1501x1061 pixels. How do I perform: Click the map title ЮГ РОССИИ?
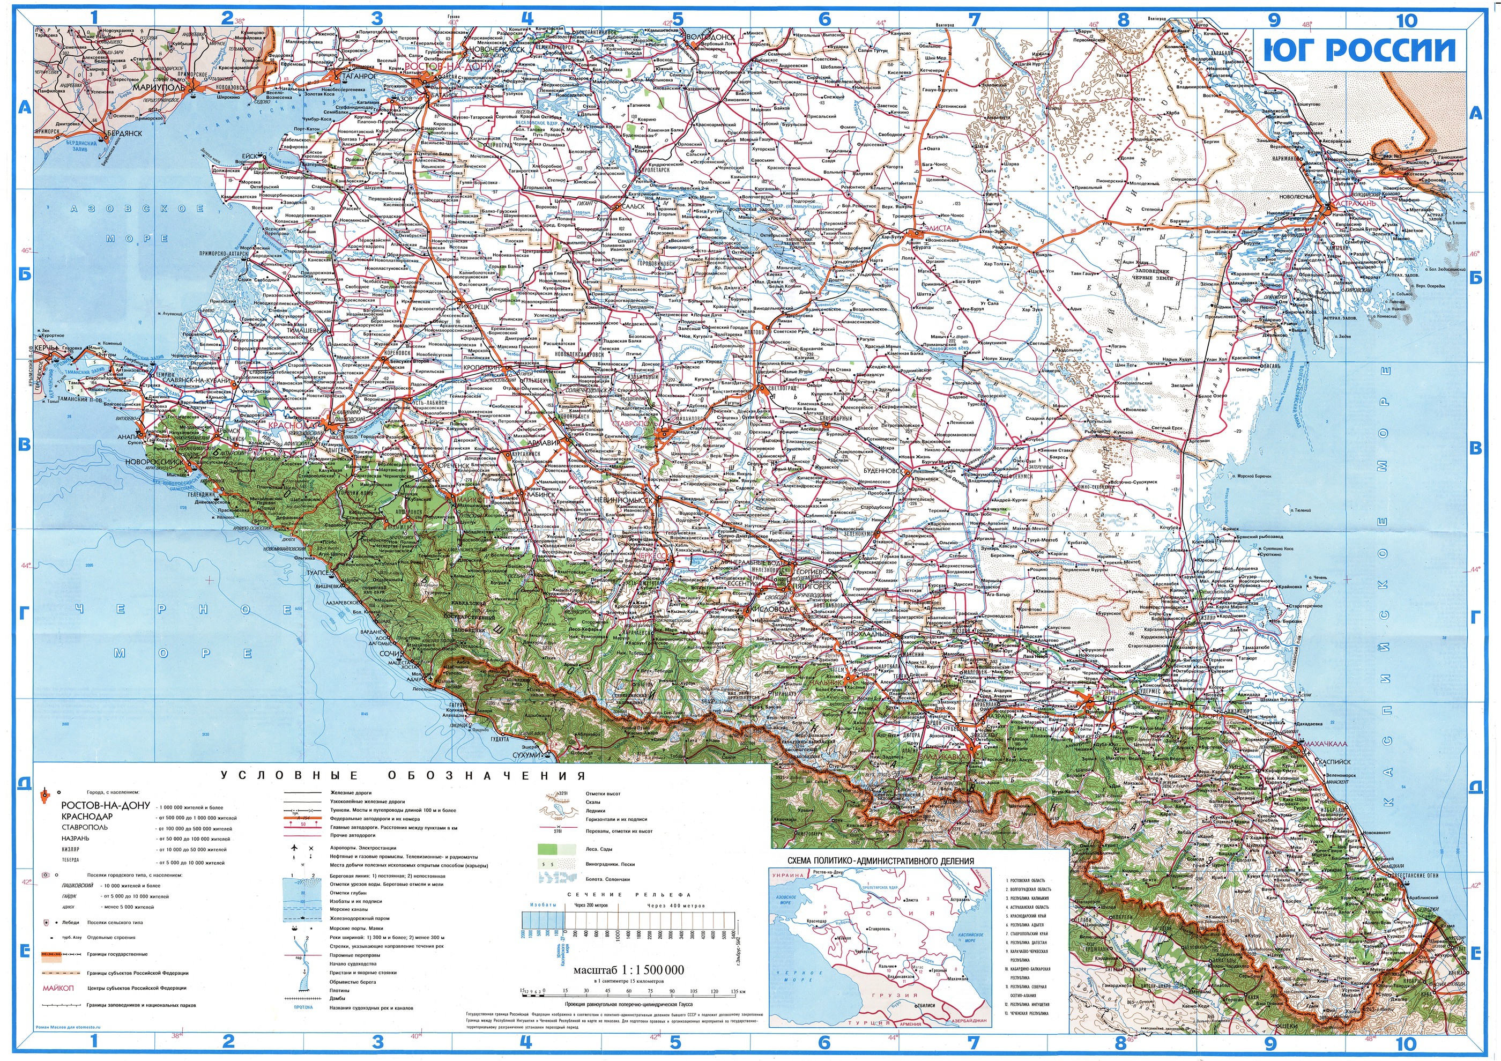pyautogui.click(x=1361, y=50)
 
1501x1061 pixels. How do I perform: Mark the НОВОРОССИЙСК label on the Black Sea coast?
pyautogui.click(x=154, y=462)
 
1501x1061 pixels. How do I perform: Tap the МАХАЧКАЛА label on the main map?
pyautogui.click(x=1325, y=743)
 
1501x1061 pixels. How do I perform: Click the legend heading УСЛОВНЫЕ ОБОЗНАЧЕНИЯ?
pyautogui.click(x=403, y=776)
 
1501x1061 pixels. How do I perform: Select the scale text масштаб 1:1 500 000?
pyautogui.click(x=628, y=970)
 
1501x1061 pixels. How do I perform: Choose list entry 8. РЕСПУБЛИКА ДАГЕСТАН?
pyautogui.click(x=1028, y=942)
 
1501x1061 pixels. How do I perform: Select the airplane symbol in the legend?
pyautogui.click(x=295, y=847)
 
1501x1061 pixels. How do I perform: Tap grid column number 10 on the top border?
pyautogui.click(x=1406, y=20)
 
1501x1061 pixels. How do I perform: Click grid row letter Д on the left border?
pyautogui.click(x=24, y=783)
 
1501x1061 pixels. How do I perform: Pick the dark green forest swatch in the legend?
pyautogui.click(x=548, y=850)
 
